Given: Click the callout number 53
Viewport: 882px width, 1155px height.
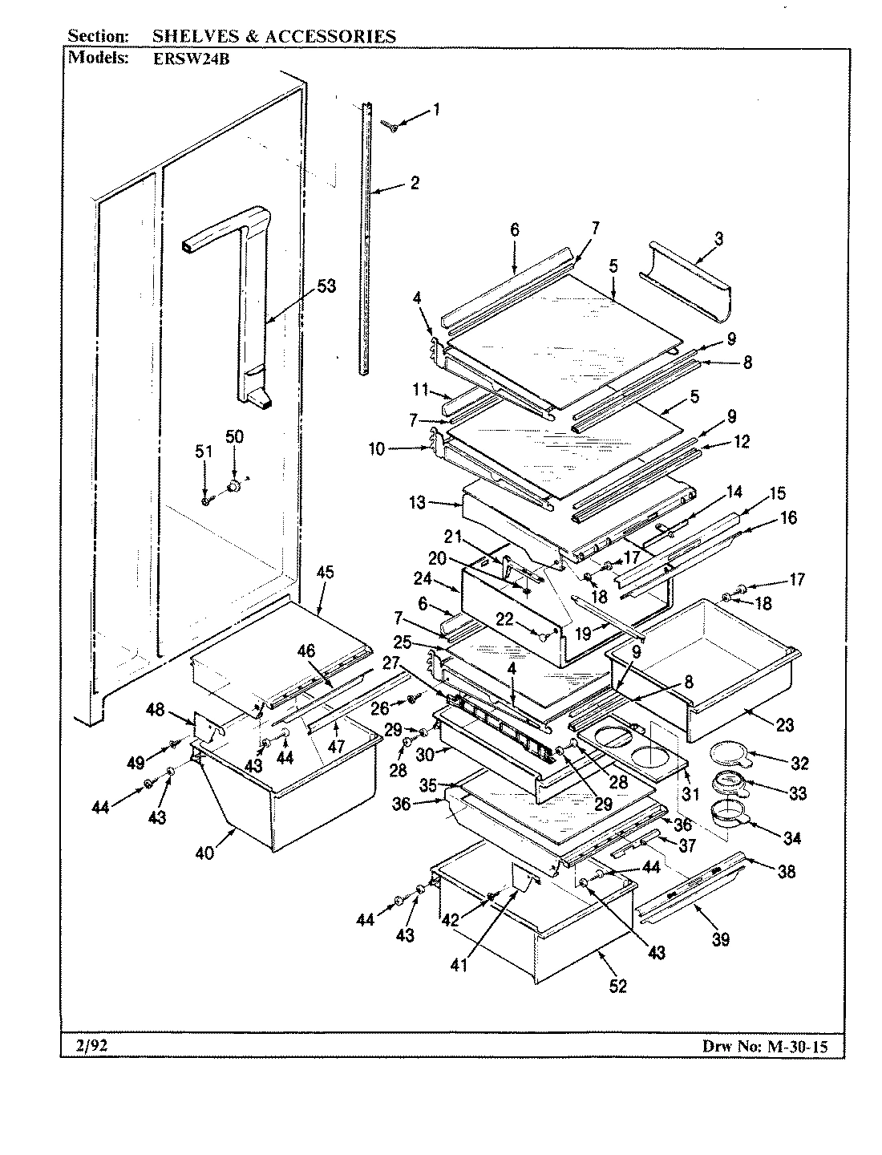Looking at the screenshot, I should (326, 286).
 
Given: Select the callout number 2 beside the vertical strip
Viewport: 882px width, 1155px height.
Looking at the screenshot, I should (415, 183).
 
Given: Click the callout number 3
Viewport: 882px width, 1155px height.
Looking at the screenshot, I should (718, 238).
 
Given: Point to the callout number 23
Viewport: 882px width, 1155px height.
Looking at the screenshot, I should (784, 725).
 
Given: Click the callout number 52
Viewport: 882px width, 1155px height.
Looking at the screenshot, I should (618, 987).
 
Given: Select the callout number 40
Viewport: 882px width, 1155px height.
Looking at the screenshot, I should (205, 853).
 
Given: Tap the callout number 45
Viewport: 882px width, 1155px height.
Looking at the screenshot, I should (326, 573).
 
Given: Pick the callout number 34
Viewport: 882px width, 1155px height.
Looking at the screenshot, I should (792, 839).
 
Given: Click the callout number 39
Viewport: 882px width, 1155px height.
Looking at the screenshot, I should (720, 939).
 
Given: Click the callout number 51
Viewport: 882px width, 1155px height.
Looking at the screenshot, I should (204, 452).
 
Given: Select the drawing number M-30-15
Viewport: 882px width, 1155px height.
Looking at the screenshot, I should (806, 1046).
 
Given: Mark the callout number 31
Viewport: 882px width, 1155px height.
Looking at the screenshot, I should (690, 795).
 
